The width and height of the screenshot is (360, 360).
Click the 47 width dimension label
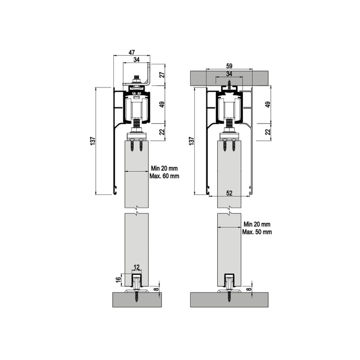(131, 53)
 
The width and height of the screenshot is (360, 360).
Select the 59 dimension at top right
(229, 66)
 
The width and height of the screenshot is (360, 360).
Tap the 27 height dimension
(162, 75)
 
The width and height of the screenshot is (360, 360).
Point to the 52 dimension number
(229, 193)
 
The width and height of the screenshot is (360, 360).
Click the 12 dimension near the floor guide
(136, 267)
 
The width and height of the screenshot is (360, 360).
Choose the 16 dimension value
(118, 279)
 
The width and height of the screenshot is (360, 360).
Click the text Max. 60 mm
(164, 176)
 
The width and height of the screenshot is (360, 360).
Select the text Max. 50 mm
(257, 232)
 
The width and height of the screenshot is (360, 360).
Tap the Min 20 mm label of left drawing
(164, 168)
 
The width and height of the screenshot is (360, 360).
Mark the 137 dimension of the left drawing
(93, 141)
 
